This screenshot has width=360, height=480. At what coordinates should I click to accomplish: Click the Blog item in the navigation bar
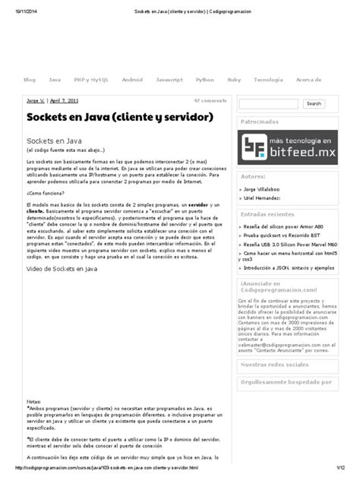(x=30, y=79)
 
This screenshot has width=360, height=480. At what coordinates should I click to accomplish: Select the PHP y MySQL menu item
(x=90, y=79)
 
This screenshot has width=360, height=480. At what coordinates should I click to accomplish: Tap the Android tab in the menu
(x=132, y=79)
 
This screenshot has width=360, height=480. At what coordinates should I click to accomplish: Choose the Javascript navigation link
(x=169, y=79)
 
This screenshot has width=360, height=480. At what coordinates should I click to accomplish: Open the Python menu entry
(x=205, y=79)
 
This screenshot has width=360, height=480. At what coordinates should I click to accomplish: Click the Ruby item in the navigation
(x=234, y=79)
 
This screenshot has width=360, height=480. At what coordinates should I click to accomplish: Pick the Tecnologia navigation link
(x=268, y=79)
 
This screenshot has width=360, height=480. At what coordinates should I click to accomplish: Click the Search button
(x=313, y=103)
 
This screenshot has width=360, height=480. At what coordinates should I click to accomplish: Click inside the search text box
(x=268, y=103)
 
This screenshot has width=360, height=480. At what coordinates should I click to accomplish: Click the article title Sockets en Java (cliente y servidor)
(x=119, y=117)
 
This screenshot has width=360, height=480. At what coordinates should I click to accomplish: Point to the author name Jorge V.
(x=36, y=100)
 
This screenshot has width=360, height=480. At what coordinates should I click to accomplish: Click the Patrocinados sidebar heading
(x=260, y=122)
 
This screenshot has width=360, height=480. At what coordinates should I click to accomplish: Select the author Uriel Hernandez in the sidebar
(x=267, y=197)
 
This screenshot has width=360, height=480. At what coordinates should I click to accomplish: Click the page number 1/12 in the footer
(x=343, y=468)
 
